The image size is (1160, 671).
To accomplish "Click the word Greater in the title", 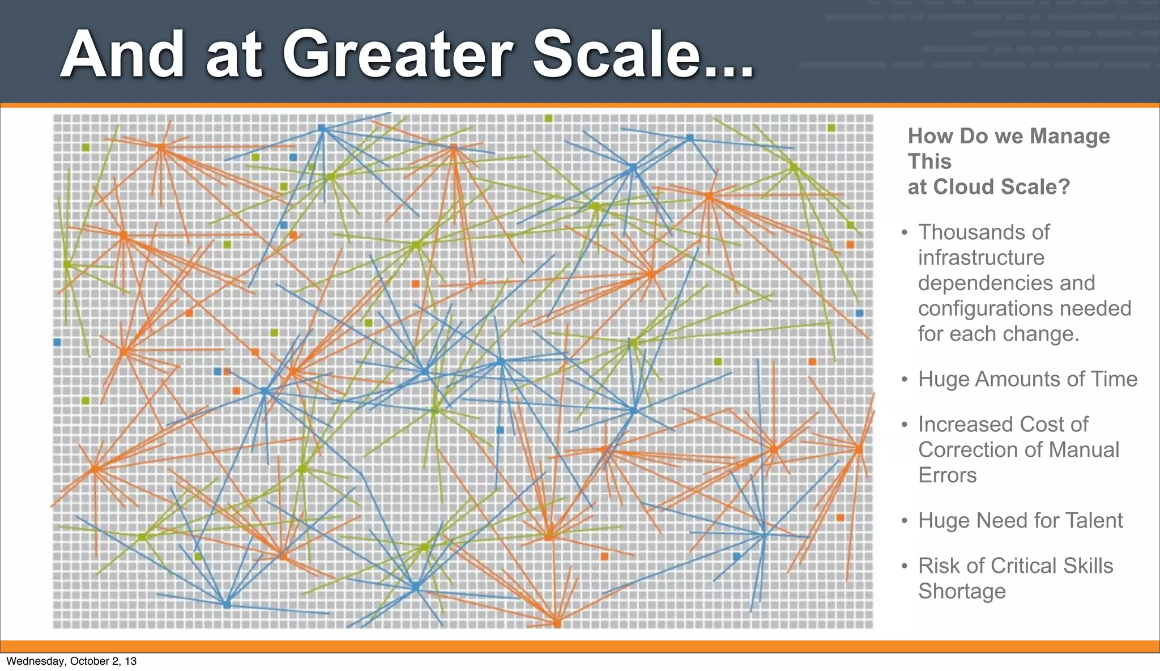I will tap(398, 55).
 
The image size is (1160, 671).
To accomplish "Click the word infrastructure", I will tap(981, 258).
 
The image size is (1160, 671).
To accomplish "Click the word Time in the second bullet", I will tap(1113, 379).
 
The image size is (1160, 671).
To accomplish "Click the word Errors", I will tap(947, 475).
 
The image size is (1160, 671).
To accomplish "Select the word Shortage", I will tap(962, 591).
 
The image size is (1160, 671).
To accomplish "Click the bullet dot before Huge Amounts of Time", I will tap(905, 379).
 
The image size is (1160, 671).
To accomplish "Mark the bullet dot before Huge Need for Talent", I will tap(905, 520).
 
